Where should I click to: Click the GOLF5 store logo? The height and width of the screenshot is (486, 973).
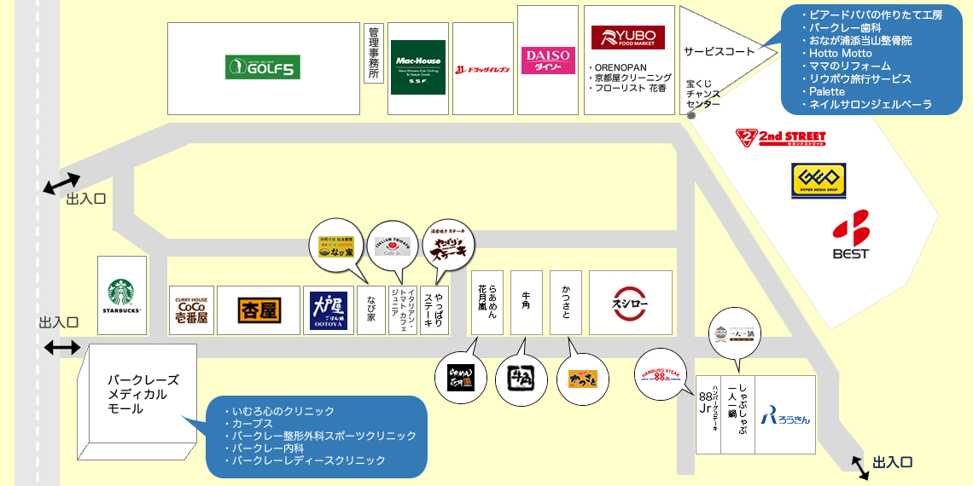263,67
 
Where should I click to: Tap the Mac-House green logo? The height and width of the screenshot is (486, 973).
418,67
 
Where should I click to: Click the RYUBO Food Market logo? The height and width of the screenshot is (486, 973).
627,38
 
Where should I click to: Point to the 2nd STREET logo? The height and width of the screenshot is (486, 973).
780,136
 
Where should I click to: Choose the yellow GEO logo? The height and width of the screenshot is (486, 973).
818,182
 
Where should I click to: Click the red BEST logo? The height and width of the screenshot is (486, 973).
850,234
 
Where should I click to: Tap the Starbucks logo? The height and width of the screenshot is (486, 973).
123,293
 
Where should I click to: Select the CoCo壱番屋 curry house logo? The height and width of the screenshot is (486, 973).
191,309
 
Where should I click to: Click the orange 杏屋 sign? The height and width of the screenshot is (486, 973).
259,310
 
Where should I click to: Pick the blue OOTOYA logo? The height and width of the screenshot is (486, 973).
329,310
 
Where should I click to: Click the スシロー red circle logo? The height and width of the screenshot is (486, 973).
631,303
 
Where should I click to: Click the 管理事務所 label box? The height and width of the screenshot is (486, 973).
373,54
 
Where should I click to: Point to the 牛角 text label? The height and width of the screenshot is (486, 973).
526,304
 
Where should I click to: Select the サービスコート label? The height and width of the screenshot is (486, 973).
719,52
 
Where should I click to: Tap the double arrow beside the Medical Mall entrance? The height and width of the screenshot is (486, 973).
61,347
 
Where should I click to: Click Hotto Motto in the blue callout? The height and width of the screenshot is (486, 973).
841,53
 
